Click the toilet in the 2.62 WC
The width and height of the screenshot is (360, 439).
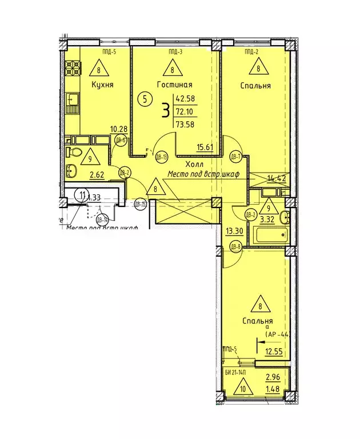click(72, 152)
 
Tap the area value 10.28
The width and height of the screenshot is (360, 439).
click(118, 129)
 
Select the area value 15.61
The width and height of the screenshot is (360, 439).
click(206, 147)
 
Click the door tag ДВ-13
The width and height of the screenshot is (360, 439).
click(161, 157)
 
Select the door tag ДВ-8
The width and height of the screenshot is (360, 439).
click(235, 246)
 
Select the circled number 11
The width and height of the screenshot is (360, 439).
click(83, 195)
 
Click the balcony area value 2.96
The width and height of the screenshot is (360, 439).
click(272, 377)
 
